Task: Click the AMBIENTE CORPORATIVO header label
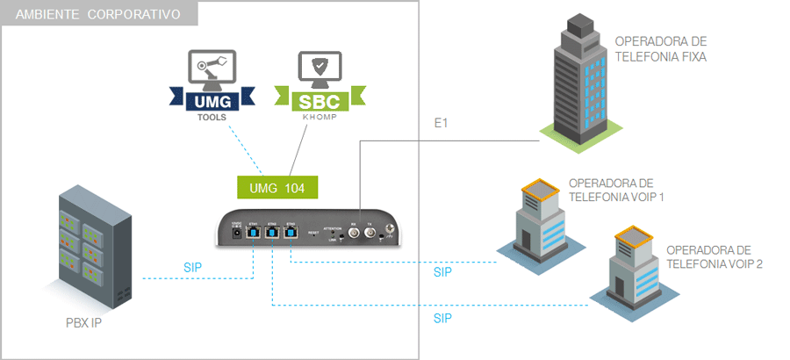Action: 98,15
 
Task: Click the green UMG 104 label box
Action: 277,187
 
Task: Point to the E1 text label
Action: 442,124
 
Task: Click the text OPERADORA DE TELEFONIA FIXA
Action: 661,49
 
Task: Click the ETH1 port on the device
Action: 252,234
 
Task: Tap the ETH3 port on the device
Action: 291,234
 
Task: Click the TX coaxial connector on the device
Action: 370,232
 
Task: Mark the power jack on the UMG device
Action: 235,234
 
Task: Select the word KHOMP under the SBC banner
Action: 314,116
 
